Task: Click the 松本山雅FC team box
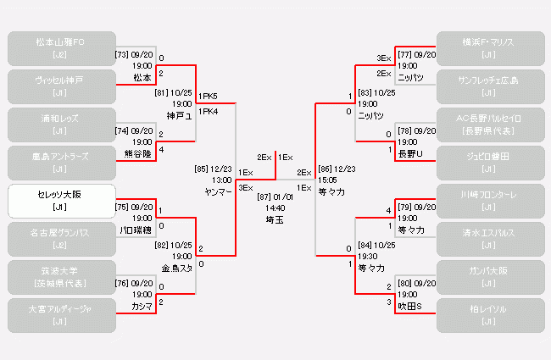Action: coord(61,48)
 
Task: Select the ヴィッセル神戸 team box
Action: coord(61,86)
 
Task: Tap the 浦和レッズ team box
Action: coord(61,124)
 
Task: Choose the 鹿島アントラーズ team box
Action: coord(61,162)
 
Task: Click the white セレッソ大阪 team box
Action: coord(61,201)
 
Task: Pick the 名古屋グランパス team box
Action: coord(61,238)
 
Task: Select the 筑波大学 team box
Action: coord(61,276)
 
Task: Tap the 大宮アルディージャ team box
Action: coord(61,314)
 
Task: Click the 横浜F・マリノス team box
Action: coord(488,48)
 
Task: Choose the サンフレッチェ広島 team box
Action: coord(488,86)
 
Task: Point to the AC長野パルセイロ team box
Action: coord(488,124)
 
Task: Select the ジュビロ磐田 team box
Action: coord(488,162)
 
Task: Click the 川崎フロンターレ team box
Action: coord(488,201)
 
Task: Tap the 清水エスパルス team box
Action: coord(488,238)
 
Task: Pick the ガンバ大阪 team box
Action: coord(488,276)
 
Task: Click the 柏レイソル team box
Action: coord(488,314)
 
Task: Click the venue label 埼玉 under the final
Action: coord(275,219)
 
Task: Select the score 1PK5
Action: coord(208,97)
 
